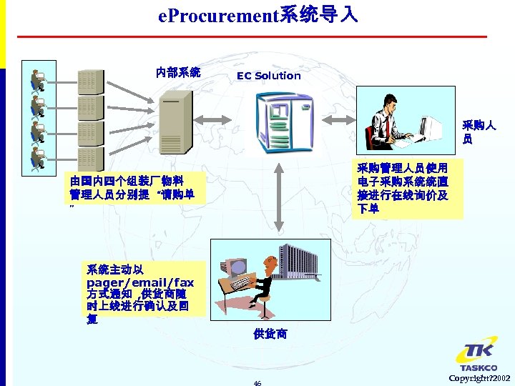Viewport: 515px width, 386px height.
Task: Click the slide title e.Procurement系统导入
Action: [x=258, y=14]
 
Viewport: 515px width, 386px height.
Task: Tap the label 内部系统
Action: [x=178, y=72]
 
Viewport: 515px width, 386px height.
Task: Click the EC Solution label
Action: [x=269, y=76]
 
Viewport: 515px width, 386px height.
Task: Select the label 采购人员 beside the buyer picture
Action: [x=479, y=132]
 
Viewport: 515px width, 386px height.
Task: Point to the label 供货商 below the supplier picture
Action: [x=270, y=334]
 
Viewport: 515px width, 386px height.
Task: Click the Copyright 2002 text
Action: [x=479, y=377]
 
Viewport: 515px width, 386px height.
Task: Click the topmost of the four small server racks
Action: [x=90, y=81]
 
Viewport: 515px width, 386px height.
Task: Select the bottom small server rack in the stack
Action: [x=90, y=159]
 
